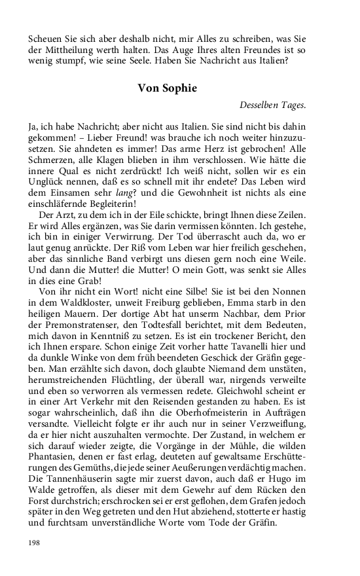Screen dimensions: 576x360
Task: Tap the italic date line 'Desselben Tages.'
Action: point(272,103)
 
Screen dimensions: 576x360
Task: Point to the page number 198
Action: point(35,543)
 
